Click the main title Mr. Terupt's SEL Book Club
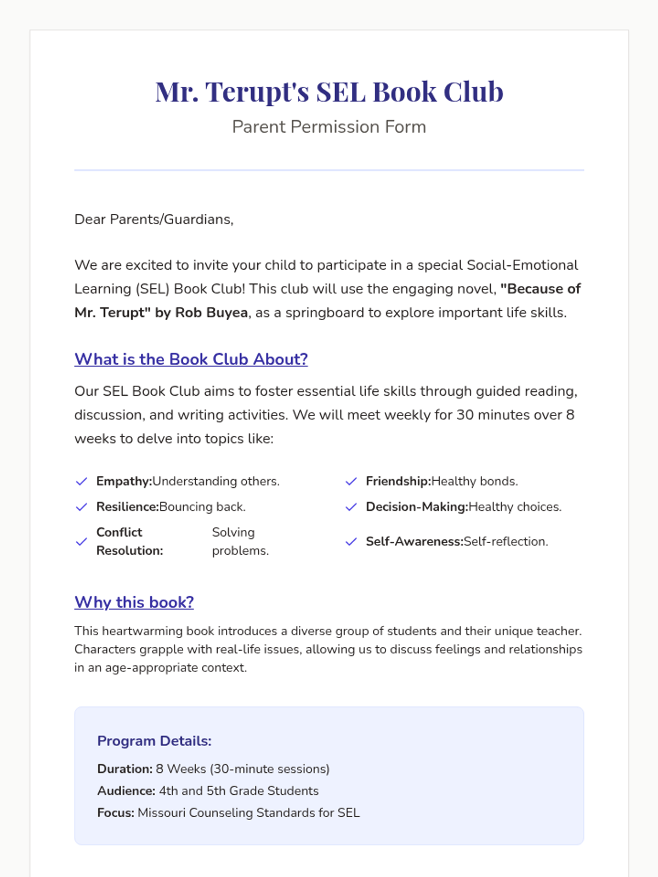pyautogui.click(x=329, y=92)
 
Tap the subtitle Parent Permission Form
pyautogui.click(x=329, y=127)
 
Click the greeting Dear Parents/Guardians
pyautogui.click(x=154, y=219)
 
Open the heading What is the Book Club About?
pyautogui.click(x=191, y=359)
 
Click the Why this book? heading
pyautogui.click(x=134, y=602)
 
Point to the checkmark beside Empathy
pyautogui.click(x=82, y=481)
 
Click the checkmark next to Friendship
pyautogui.click(x=351, y=481)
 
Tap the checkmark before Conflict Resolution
pyautogui.click(x=82, y=542)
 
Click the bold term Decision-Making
pyautogui.click(x=417, y=506)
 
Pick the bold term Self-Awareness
pyautogui.click(x=415, y=542)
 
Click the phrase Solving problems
pyautogui.click(x=240, y=542)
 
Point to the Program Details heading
pyautogui.click(x=154, y=741)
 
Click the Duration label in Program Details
pyautogui.click(x=125, y=769)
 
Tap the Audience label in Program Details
pyautogui.click(x=127, y=791)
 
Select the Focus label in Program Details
pyautogui.click(x=116, y=813)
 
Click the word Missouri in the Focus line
pyautogui.click(x=162, y=813)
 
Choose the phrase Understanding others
pyautogui.click(x=215, y=481)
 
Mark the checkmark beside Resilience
pyautogui.click(x=82, y=506)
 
